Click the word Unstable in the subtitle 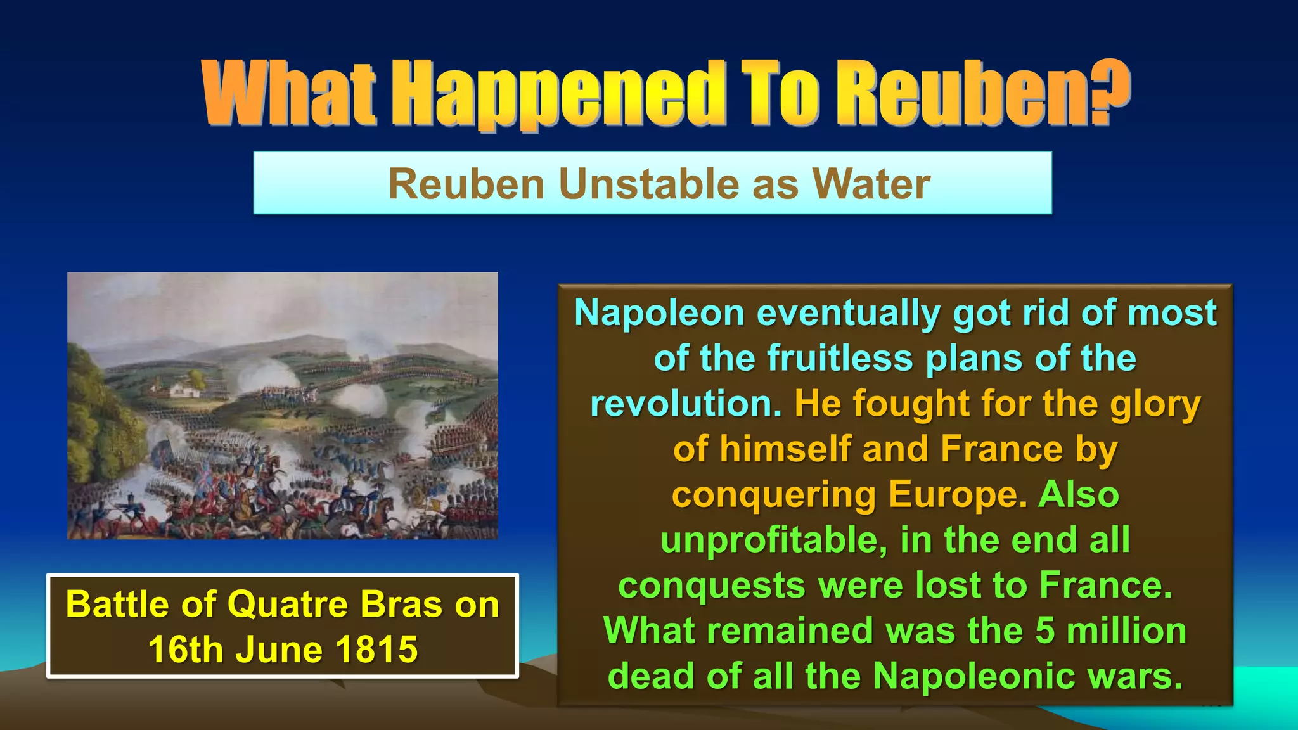click(648, 184)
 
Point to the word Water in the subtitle click(871, 184)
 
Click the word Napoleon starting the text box click(659, 313)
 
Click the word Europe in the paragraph click(957, 495)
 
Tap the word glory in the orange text click(1155, 404)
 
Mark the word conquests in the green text click(712, 586)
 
